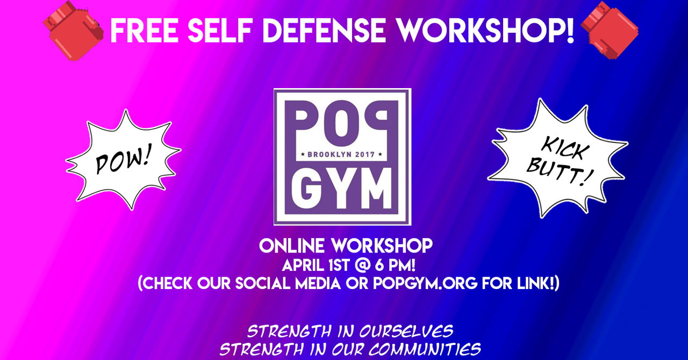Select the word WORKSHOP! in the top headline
tap(486, 31)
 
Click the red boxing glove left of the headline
tap(73, 30)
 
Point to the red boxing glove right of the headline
tap(610, 30)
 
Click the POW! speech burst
tap(124, 160)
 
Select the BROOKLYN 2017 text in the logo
tap(341, 154)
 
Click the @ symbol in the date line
tap(362, 265)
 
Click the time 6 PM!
tap(395, 265)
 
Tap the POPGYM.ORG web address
tap(425, 283)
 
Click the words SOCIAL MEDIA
tap(288, 283)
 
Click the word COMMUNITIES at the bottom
tap(425, 349)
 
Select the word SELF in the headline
tap(220, 31)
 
